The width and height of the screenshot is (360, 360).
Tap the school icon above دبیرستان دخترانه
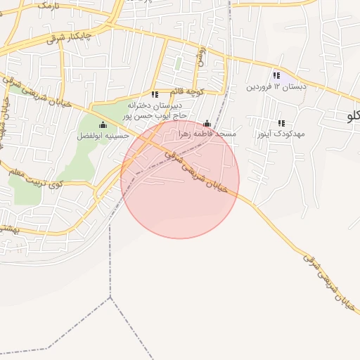[x=155, y=94]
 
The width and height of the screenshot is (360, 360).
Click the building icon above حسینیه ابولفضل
[x=103, y=124]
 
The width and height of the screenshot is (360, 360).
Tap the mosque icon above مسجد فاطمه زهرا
[x=207, y=123]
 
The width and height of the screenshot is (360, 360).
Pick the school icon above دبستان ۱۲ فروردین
[x=277, y=75]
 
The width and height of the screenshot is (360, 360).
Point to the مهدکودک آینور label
[x=281, y=133]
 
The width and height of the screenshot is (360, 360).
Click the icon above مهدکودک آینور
[x=281, y=123]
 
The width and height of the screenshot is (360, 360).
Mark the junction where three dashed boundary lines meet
[x=110, y=297]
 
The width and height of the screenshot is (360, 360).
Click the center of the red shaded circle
[x=180, y=179]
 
